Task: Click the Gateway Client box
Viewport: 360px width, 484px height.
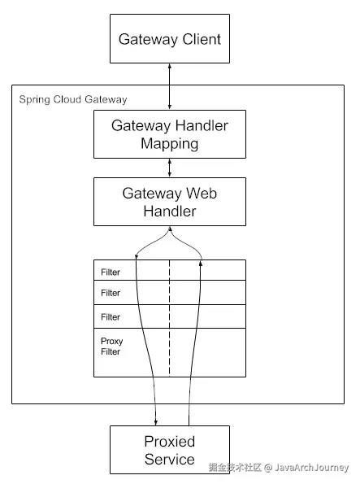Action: click(x=170, y=38)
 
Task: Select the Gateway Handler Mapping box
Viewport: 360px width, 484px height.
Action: click(x=170, y=134)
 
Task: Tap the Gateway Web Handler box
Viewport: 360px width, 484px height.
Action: click(x=170, y=202)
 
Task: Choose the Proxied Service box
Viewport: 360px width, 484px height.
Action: click(x=170, y=450)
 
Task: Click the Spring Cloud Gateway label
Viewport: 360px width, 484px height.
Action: click(x=73, y=100)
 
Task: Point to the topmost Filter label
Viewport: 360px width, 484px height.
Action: click(x=111, y=273)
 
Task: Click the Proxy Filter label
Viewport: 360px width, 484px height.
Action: click(x=111, y=347)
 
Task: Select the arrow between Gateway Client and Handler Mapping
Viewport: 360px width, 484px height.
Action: click(x=169, y=86)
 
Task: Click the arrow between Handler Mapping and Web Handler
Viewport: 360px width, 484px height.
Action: click(x=169, y=168)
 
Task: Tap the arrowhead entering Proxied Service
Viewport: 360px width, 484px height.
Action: click(x=156, y=422)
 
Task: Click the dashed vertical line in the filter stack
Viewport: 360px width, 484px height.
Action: click(x=169, y=318)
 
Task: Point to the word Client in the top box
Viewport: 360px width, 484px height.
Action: click(x=202, y=39)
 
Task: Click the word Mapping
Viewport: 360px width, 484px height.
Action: click(x=169, y=144)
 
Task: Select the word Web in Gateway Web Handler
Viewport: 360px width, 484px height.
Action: click(x=202, y=194)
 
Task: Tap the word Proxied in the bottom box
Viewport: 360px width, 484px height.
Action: click(x=169, y=442)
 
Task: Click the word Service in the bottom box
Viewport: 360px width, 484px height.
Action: click(x=169, y=460)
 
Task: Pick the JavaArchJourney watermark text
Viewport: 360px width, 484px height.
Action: click(x=311, y=468)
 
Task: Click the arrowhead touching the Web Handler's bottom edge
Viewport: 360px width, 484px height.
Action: click(x=170, y=229)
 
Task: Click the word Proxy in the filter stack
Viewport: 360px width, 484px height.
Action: click(x=111, y=342)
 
